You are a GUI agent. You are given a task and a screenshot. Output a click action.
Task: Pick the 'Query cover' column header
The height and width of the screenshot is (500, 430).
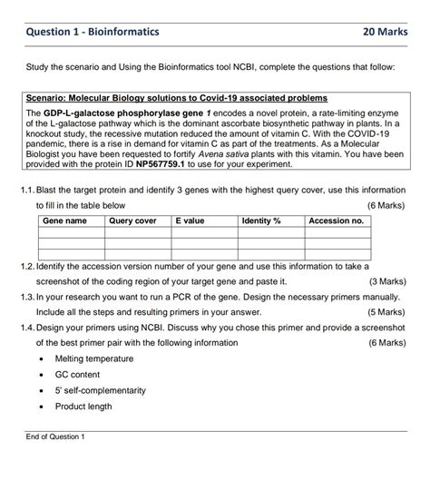point(132,221)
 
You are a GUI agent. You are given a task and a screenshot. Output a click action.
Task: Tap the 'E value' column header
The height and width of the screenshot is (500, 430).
point(191,221)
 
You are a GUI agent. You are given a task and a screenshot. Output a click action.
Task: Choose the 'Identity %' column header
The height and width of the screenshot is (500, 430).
point(262,221)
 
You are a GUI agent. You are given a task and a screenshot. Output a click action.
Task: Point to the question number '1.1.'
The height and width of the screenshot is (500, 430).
point(26,191)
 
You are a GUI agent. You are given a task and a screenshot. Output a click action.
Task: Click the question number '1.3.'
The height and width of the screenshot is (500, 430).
point(26,296)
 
